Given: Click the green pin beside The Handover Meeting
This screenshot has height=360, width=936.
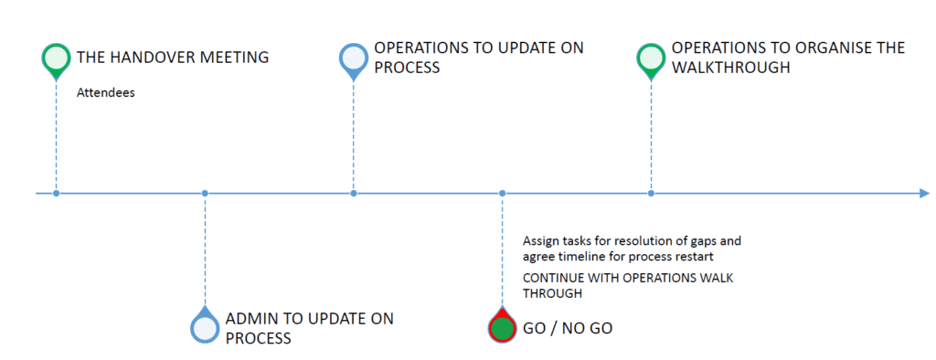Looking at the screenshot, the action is coord(56,60).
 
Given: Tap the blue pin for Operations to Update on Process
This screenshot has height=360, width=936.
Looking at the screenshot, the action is coord(354,60).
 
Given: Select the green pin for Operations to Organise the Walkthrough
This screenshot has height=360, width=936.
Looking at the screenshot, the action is coord(651,60).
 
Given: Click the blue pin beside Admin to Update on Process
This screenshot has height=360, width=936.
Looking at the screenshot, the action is coord(205,326).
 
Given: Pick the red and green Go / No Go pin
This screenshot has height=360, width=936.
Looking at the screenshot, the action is coord(502,326).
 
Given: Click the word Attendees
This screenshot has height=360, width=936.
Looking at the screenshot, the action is coord(106,94).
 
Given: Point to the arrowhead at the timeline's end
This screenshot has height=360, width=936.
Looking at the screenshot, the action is coord(924,194).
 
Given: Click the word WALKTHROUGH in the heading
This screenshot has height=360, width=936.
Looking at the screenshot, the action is coord(731,68).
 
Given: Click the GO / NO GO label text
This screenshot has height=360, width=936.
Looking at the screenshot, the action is coord(568,328).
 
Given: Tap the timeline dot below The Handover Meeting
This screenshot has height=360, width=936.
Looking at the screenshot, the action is coord(56,194).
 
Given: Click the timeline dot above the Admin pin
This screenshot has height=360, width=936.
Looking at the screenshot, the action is coord(205,194).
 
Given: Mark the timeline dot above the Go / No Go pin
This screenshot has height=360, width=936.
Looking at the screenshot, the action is coord(502,194).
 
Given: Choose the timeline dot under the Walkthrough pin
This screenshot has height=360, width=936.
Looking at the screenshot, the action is coord(651,194).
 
